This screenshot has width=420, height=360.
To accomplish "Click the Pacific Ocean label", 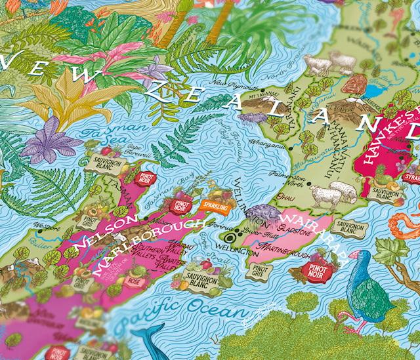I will click(x=153, y=310).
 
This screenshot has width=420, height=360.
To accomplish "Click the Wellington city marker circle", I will click(x=231, y=238).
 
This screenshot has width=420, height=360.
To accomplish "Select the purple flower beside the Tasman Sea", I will click(x=59, y=144).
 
